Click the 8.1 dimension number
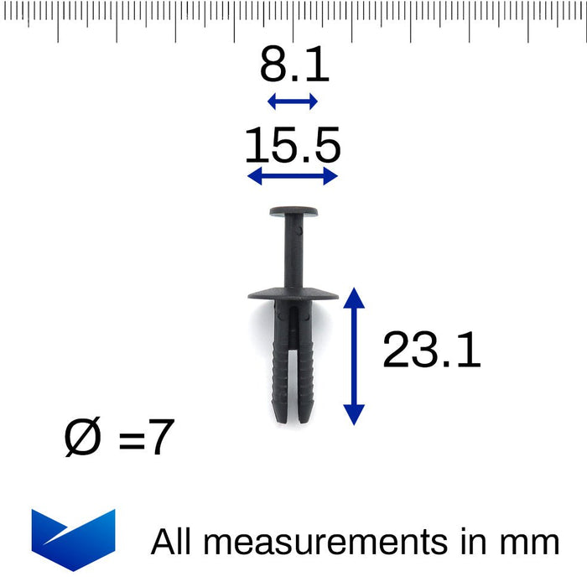click(x=293, y=65)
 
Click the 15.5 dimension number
click(x=293, y=146)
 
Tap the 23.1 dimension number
click(x=431, y=351)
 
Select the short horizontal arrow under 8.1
click(x=293, y=102)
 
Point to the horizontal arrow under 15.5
click(x=293, y=175)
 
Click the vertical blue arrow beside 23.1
click(x=355, y=356)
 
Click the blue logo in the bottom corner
click(x=73, y=538)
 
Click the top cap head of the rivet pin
click(x=293, y=212)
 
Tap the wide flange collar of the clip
click(x=293, y=294)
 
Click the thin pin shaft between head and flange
click(x=293, y=252)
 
